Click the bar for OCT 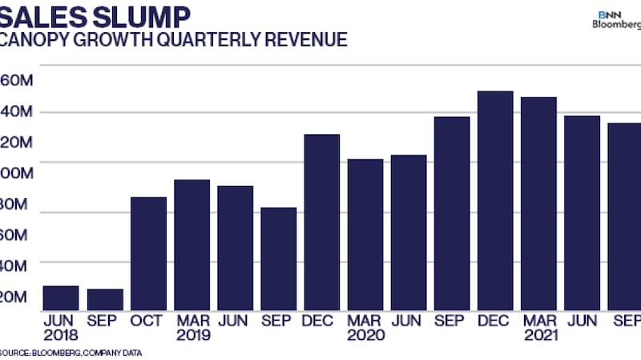point(148,253)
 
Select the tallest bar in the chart point(495,200)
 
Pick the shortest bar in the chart point(105,299)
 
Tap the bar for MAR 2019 point(191,245)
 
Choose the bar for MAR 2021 point(538,204)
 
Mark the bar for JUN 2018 point(62,297)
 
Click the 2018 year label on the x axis point(62,335)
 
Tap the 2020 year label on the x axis point(365,335)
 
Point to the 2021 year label point(538,335)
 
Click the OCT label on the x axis point(148,321)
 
